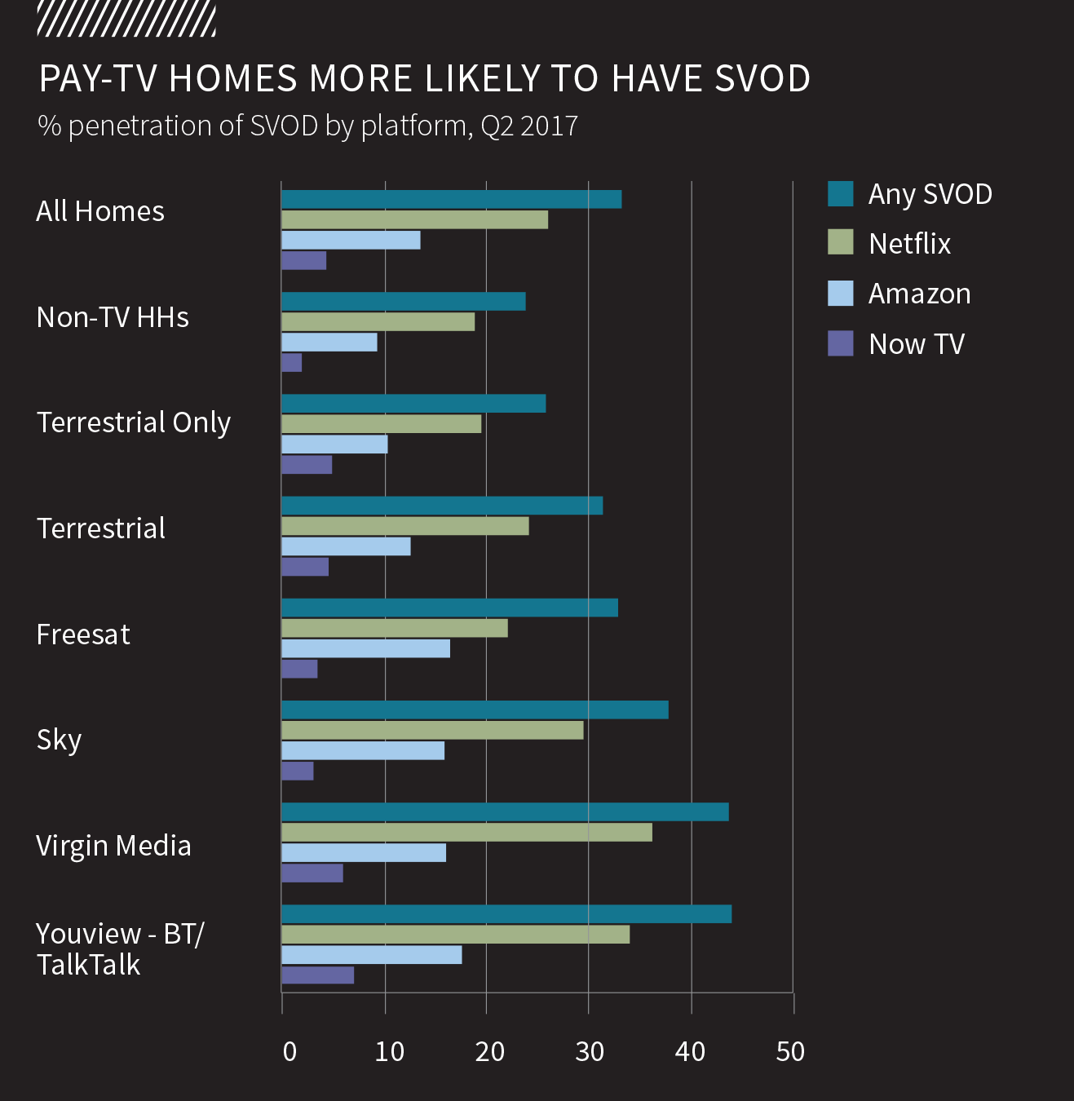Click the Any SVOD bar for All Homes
451,199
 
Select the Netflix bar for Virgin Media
466,832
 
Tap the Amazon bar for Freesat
365,648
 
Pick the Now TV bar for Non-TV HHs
292,362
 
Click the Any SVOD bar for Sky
475,710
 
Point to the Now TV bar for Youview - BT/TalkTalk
317,975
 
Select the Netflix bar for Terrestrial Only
381,424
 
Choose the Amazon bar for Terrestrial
346,546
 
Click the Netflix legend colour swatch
840,242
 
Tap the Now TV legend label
917,344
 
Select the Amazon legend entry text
919,294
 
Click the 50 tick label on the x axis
790,1052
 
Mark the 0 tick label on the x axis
289,1052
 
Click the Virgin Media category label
113,846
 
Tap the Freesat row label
83,635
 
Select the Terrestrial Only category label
134,422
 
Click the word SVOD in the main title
762,79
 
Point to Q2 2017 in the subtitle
529,126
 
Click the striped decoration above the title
126,20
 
